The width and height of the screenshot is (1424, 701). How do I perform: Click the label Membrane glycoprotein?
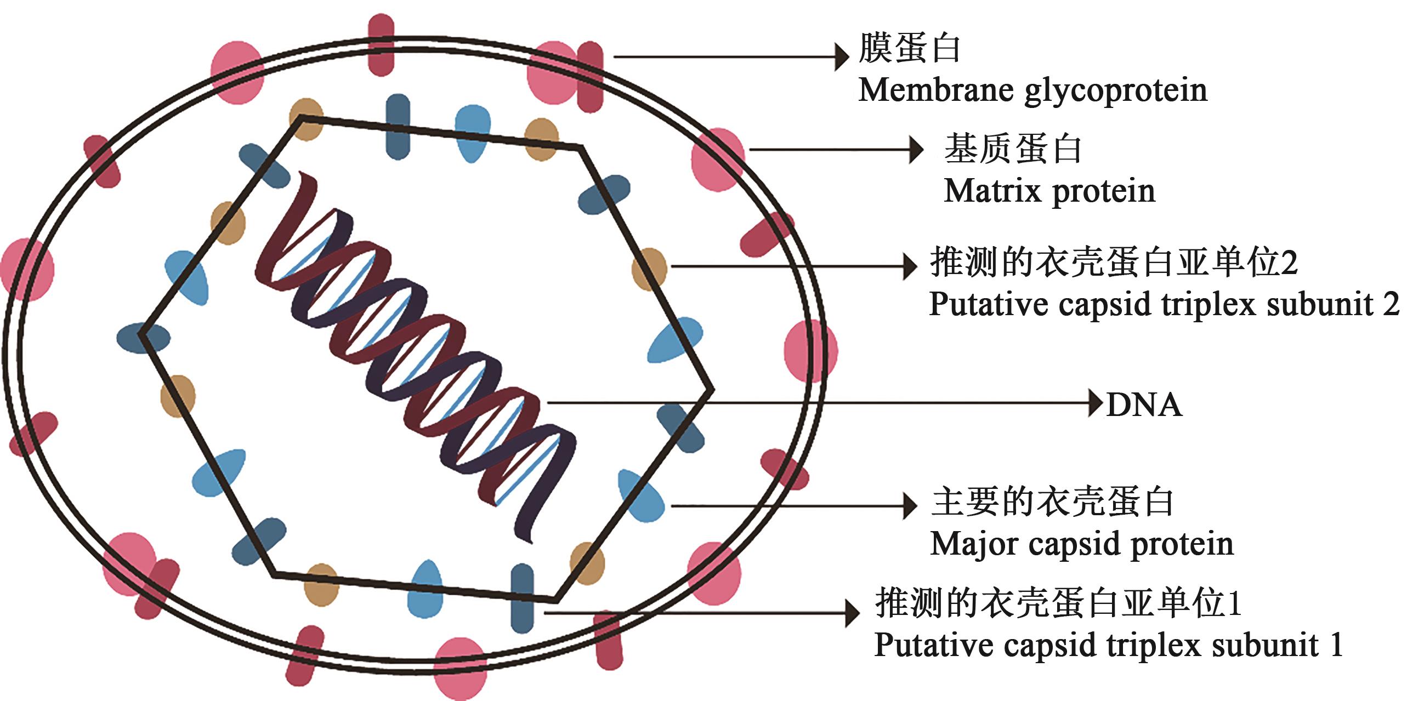pos(1032,90)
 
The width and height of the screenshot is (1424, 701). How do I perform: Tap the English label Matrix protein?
pos(1049,191)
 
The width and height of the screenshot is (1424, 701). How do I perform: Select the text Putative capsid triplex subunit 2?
pos(1164,304)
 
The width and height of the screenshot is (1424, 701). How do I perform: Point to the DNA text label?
pos(1144,405)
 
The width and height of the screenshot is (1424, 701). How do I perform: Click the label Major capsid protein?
pos(1082,544)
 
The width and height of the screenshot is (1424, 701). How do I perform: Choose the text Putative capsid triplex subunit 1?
pos(1108,644)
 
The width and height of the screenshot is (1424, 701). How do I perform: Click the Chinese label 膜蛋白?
pos(909,49)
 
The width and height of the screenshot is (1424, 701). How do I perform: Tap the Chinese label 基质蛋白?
pos(1012,149)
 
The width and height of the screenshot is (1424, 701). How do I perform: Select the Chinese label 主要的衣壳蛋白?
pos(1052,501)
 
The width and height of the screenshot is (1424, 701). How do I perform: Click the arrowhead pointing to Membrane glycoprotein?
pos(841,56)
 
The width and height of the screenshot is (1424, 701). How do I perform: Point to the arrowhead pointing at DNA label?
pos(1095,403)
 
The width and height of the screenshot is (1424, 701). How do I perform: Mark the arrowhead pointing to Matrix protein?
pos(916,150)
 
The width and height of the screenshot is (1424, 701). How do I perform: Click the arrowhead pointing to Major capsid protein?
pos(909,505)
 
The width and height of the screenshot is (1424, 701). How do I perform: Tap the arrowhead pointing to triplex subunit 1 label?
pos(853,613)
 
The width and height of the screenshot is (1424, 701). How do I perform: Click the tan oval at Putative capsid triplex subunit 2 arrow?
pos(650,269)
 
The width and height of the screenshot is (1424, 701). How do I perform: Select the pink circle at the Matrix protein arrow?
pos(718,159)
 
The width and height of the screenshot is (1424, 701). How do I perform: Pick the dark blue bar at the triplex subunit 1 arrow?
pos(522,598)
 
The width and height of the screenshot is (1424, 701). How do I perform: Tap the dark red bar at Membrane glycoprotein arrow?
pos(590,76)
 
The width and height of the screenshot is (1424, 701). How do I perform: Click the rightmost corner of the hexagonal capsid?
pos(712,390)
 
